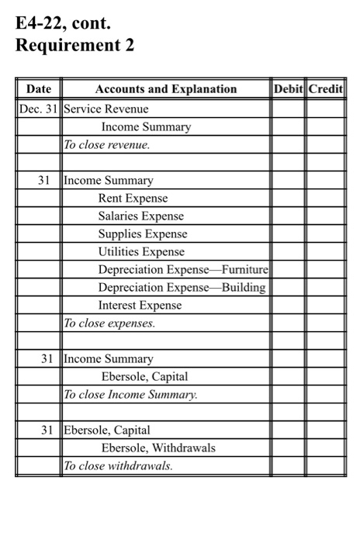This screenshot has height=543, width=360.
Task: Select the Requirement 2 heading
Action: pos(74,46)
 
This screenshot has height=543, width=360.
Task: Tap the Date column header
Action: pos(38,89)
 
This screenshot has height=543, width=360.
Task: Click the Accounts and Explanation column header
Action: pos(165,89)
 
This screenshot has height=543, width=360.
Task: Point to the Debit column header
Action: pos(288,89)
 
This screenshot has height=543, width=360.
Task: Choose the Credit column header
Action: pos(325,89)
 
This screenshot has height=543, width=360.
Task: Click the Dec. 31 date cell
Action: pos(38,109)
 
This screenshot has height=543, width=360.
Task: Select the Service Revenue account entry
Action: pos(106,109)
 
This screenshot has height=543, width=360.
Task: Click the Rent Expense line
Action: pos(133,198)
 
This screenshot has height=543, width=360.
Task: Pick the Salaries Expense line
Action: pos(140,216)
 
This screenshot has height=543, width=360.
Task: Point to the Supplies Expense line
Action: pos(142,233)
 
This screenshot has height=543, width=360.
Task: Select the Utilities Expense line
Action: pos(141,251)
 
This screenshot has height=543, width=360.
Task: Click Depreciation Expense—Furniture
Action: pos(183,269)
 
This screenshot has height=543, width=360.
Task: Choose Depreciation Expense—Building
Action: pos(182,287)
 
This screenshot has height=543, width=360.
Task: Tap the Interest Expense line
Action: pos(140,305)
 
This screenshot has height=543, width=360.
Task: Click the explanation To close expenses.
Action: pos(109,323)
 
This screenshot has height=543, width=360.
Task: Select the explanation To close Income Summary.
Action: pos(130,394)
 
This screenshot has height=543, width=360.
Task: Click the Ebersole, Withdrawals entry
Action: pos(158,448)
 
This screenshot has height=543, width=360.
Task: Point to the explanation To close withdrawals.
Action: pos(119,465)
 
